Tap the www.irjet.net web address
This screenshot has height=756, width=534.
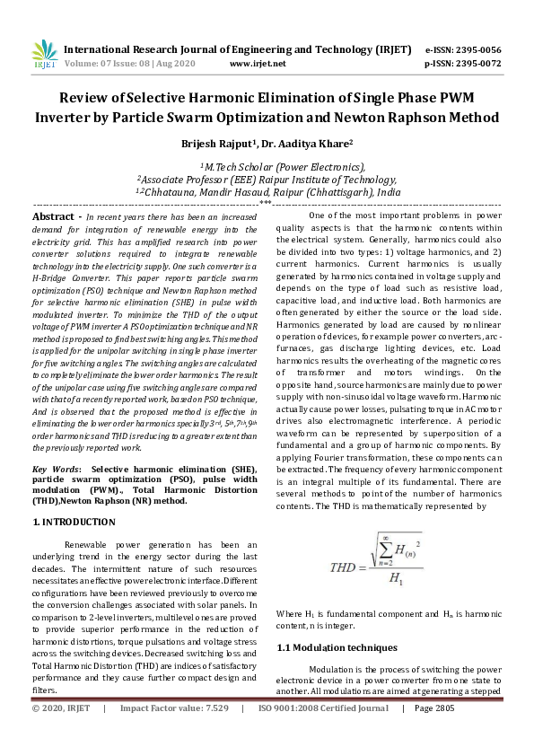pyautogui.click(x=258, y=65)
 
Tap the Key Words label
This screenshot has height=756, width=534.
pyautogui.click(x=56, y=470)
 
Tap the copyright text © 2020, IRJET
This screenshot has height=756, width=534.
pyautogui.click(x=61, y=708)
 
